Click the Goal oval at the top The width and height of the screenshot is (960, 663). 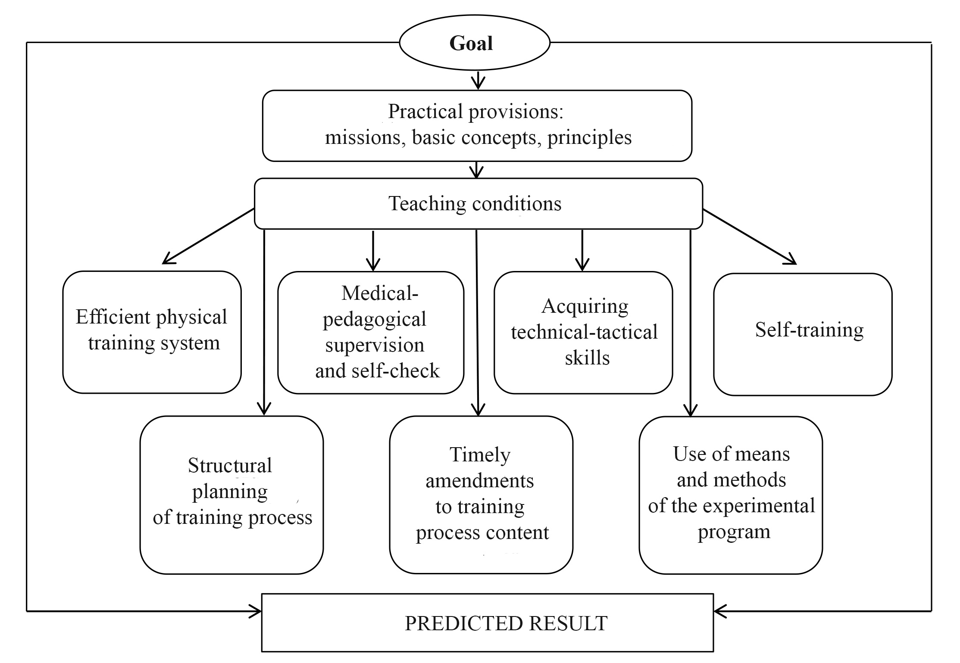(x=474, y=43)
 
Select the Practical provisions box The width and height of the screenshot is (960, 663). (x=477, y=125)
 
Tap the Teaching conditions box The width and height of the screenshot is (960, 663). (x=478, y=203)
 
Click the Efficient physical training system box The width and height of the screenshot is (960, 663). (x=152, y=332)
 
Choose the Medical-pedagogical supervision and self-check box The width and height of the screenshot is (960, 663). (x=371, y=332)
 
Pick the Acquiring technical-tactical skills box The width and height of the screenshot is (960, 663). (x=583, y=332)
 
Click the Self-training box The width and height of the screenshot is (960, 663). (x=803, y=334)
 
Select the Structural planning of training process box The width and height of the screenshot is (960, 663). (x=231, y=495)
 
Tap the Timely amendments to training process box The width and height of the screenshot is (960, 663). (x=481, y=495)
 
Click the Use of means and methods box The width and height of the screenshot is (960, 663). (x=731, y=495)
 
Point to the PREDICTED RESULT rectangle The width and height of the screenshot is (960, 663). (x=488, y=623)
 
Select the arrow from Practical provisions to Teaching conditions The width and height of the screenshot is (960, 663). (x=476, y=170)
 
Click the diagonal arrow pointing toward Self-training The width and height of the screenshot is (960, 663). (x=750, y=237)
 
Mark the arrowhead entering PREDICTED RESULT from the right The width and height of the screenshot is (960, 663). (x=720, y=611)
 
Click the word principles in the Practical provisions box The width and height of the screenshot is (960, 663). (x=589, y=138)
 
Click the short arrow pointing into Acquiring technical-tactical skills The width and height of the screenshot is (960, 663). (x=582, y=250)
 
